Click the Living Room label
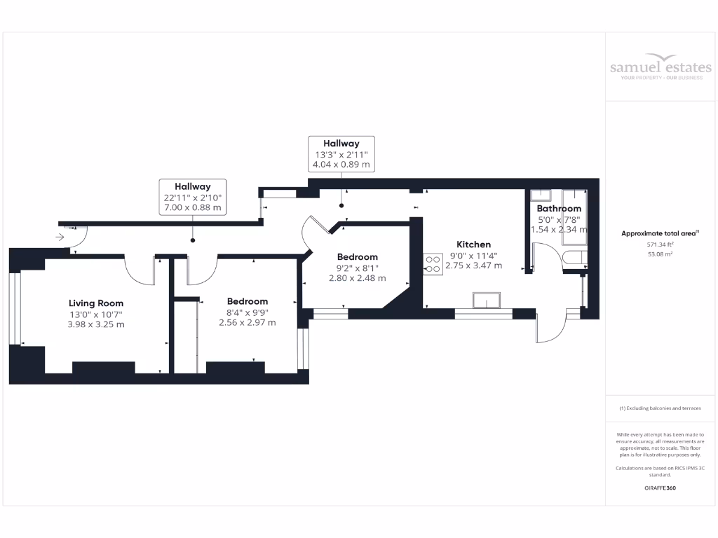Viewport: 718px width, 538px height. (x=96, y=303)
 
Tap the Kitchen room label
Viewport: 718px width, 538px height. (x=474, y=244)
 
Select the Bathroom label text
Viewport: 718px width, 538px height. (x=559, y=209)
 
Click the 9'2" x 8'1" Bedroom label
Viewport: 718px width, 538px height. (x=357, y=257)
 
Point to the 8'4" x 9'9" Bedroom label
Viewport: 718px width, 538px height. (x=247, y=301)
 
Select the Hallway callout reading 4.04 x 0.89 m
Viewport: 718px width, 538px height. (x=341, y=153)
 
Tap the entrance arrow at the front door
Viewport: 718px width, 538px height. (x=60, y=237)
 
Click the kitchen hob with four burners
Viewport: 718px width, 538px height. (x=433, y=263)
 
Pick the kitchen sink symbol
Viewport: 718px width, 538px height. (x=487, y=301)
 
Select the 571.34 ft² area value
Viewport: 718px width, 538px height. (x=660, y=245)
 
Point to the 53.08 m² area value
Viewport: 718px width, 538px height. (x=660, y=254)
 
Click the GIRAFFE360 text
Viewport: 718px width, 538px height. (x=660, y=488)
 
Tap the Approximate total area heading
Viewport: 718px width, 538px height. (x=660, y=233)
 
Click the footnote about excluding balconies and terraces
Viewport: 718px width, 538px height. (x=660, y=408)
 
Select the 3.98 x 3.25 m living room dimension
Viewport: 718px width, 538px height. (x=96, y=324)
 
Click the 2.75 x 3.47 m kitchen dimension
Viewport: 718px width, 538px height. (x=474, y=265)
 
